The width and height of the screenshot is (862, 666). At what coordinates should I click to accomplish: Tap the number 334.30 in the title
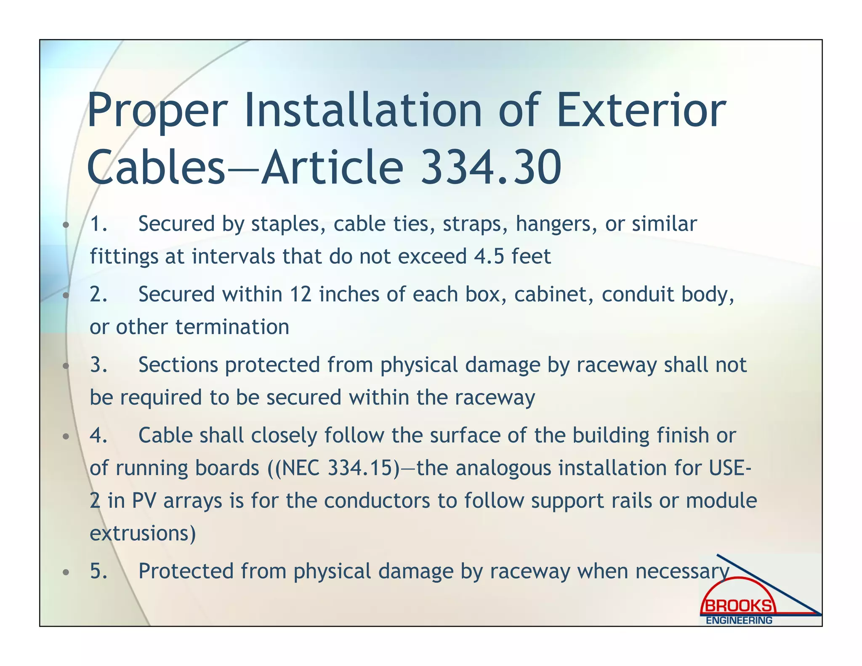tap(491, 168)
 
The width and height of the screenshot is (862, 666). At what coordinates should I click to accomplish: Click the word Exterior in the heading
tap(641, 111)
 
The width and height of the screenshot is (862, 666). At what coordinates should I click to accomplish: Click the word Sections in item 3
tap(178, 365)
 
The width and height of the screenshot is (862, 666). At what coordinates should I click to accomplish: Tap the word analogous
tap(503, 468)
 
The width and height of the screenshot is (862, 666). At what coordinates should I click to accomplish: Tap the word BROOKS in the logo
tap(738, 606)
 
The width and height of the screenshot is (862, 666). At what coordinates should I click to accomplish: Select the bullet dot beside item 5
tap(65, 573)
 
